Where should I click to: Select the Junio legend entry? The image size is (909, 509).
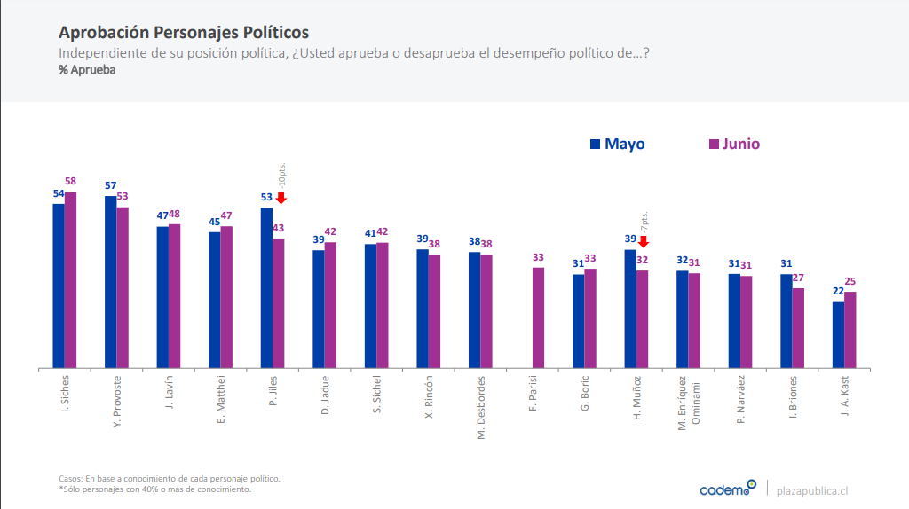(x=734, y=145)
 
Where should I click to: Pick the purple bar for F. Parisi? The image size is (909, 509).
(x=539, y=317)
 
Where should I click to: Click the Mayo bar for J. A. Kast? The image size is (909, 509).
(x=838, y=334)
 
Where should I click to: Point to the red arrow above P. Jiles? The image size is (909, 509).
(x=281, y=198)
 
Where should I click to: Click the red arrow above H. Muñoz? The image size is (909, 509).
(x=644, y=240)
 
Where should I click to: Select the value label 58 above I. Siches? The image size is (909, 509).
(x=71, y=182)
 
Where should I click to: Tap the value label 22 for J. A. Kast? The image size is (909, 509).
(x=838, y=292)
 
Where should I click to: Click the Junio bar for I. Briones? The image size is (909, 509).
(x=798, y=327)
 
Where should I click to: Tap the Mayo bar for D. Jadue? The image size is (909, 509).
(x=319, y=309)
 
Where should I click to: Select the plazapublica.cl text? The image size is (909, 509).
(x=811, y=489)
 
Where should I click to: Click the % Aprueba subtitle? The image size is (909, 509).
(x=87, y=70)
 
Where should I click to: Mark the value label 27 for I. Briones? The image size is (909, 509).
(x=799, y=278)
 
